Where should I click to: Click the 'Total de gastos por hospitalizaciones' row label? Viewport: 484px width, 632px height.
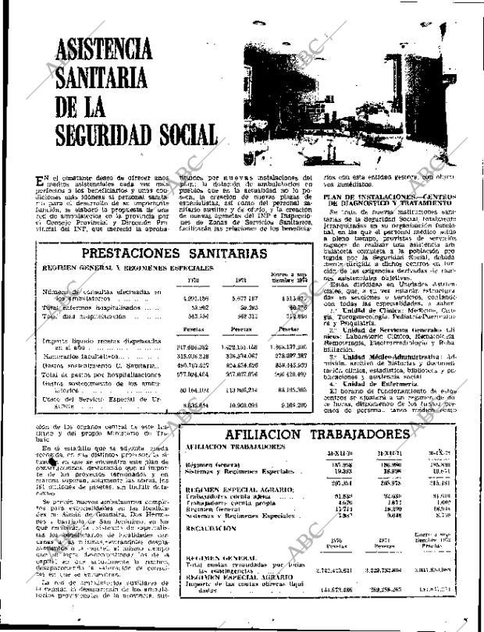pyautogui.click(x=88, y=373)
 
